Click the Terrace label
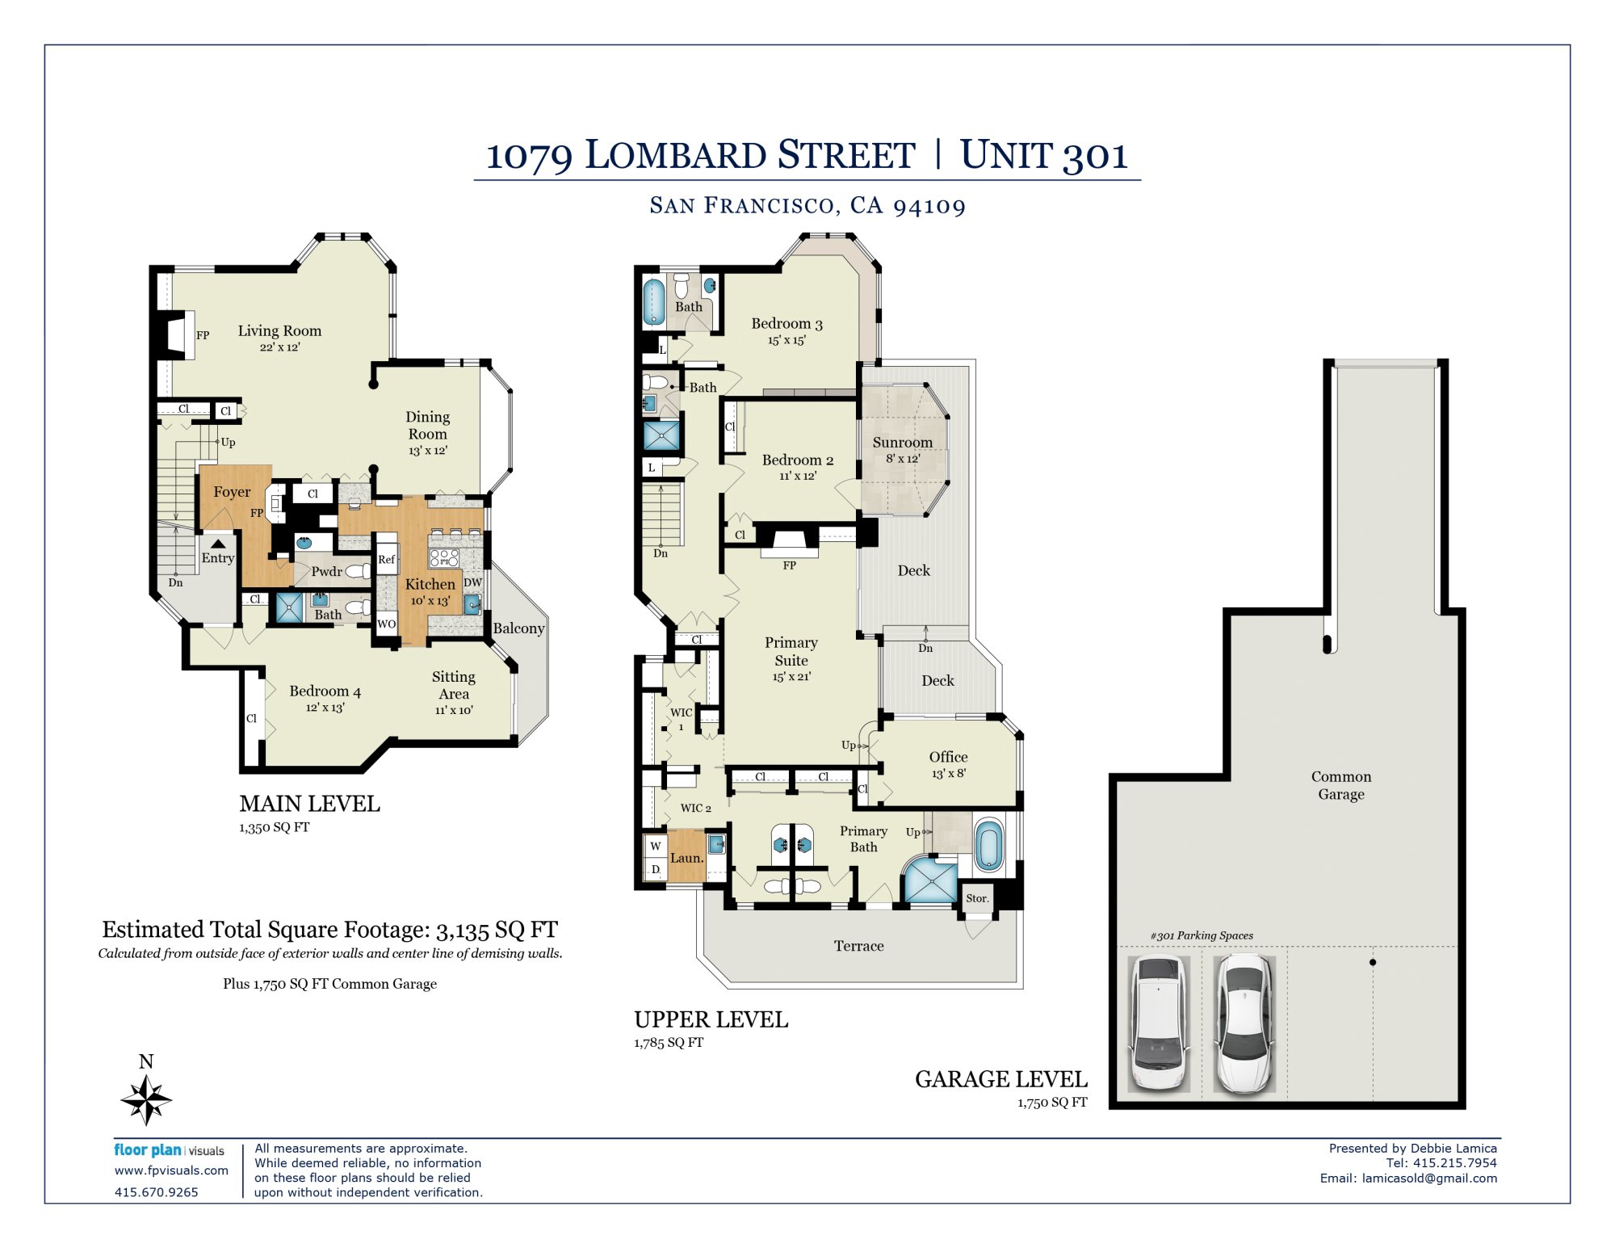coord(858,946)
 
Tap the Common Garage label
coord(1341,785)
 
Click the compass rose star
coord(146,1099)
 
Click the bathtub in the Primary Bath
coord(989,846)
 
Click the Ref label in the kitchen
coord(387,559)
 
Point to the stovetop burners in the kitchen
coord(444,557)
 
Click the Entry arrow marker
coord(218,544)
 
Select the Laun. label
coord(686,858)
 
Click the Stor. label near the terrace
coord(977,898)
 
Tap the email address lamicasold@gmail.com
coord(1429,1178)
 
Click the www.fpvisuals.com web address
coord(171,1170)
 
